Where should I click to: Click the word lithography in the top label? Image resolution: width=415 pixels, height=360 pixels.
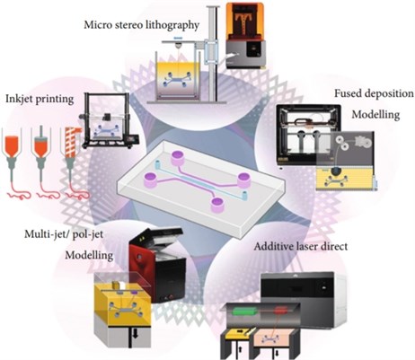point(172,25)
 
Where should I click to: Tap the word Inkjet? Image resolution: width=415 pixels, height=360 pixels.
point(19,99)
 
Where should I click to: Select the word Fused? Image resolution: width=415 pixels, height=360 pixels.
point(347,93)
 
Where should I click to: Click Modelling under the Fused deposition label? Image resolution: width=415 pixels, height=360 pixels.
point(375,114)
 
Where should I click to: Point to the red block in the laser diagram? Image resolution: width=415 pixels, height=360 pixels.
point(282,311)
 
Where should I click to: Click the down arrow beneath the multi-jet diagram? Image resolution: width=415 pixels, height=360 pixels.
point(135,335)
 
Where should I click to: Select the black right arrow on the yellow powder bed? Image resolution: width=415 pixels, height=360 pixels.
point(240,331)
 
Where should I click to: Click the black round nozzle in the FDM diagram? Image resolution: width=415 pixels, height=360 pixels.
point(337,171)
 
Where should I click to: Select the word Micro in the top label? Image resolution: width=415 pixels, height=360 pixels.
point(96,24)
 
